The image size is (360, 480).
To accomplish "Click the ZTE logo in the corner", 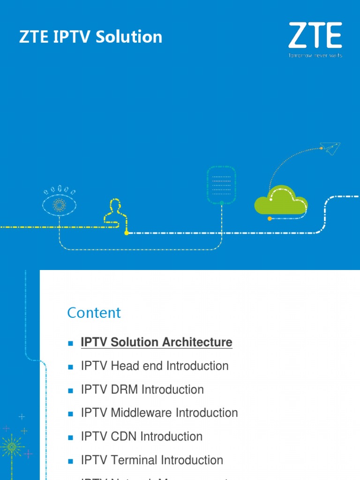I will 315,36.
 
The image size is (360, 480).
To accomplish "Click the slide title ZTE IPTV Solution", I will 90,37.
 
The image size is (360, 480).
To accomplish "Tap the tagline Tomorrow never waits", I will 315,55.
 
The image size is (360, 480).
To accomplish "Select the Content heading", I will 94,313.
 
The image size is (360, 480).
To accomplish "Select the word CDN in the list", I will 124,436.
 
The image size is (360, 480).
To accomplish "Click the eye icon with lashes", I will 59,203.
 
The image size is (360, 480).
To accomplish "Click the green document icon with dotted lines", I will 221,184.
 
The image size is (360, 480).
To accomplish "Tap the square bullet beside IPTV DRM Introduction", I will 71,390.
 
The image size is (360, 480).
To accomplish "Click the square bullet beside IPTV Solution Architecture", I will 71,343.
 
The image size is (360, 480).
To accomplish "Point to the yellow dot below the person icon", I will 126,232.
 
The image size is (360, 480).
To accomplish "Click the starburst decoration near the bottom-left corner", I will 13,447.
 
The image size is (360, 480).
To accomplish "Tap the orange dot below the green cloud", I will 269,218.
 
